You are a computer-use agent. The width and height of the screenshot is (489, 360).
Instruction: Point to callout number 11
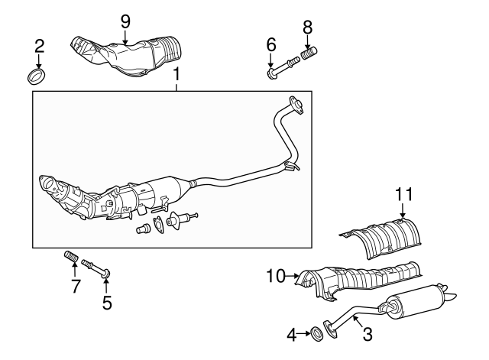403,195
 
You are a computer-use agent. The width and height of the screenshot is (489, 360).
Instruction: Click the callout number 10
275,274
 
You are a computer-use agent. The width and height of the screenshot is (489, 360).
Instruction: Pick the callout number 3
367,333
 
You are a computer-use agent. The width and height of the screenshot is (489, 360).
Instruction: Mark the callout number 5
107,303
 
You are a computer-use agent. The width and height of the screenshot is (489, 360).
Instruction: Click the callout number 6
271,46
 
